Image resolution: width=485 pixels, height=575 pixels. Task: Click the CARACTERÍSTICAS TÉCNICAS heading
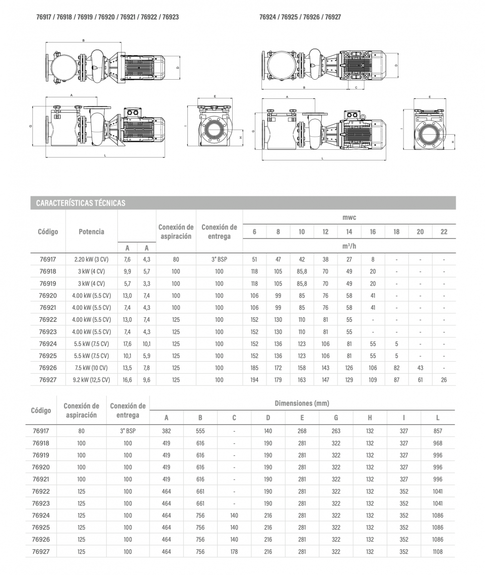coord(81,203)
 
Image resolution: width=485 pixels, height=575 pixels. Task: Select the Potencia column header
coord(92,232)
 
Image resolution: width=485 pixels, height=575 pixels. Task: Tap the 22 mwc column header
coord(444,232)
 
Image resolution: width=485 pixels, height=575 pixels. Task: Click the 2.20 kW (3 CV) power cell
coord(92,259)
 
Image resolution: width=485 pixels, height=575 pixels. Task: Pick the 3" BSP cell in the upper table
coord(219,259)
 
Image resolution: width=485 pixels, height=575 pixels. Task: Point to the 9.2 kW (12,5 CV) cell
coord(92,380)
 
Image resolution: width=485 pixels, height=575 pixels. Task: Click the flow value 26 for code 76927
coord(444,380)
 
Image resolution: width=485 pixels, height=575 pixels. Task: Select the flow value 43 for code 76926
coord(420,368)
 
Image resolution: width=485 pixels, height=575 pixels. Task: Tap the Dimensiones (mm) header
coord(302,404)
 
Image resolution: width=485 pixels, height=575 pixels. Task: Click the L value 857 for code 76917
coord(438,431)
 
